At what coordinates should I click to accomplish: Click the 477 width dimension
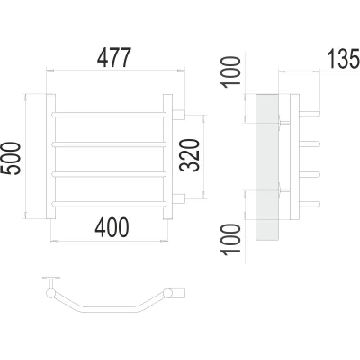click(114, 58)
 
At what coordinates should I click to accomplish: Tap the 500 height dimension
click(11, 158)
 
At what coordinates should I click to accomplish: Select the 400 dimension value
click(112, 227)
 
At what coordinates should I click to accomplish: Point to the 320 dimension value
click(189, 155)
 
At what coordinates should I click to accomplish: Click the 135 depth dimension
click(343, 59)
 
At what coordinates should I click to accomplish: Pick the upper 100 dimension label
click(230, 72)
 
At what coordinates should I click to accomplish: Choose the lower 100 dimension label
click(230, 240)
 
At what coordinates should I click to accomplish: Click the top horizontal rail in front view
click(109, 115)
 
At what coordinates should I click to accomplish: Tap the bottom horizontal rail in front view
click(109, 204)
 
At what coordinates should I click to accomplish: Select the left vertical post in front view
click(51, 156)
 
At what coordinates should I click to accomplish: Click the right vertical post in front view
click(168, 156)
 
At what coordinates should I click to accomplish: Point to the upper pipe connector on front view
click(179, 115)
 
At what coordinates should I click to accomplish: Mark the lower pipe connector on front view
click(179, 199)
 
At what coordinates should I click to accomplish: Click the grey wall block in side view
click(267, 167)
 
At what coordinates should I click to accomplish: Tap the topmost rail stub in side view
click(310, 114)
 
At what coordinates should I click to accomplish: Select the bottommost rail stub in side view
click(310, 204)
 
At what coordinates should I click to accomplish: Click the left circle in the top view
click(51, 293)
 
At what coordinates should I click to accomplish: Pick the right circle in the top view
click(168, 293)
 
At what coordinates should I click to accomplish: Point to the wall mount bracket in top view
click(51, 282)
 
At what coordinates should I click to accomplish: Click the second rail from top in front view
click(109, 144)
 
